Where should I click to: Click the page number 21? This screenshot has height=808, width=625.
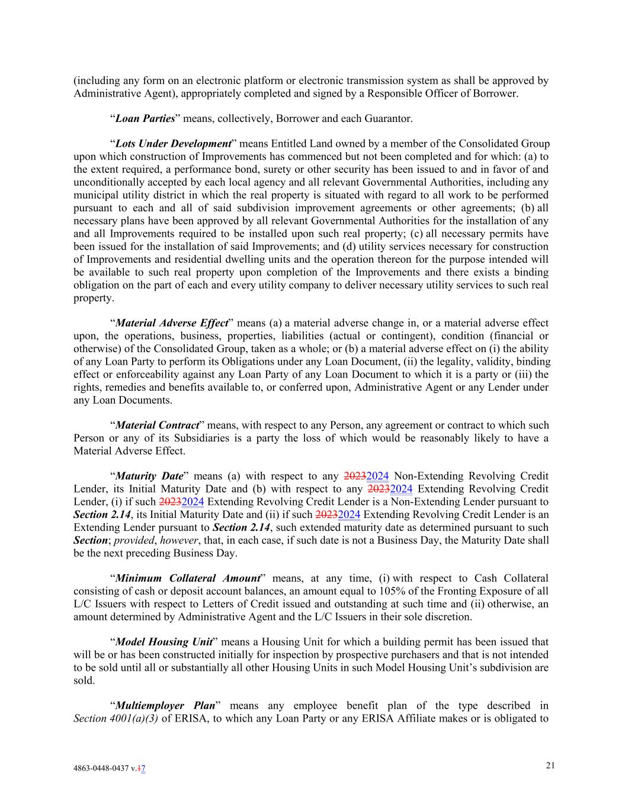(x=550, y=765)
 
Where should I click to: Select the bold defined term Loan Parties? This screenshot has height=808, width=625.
(x=145, y=118)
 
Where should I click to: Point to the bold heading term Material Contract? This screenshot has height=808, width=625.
(x=157, y=425)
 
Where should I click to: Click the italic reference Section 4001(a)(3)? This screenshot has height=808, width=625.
(x=116, y=719)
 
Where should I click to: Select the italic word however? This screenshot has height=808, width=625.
(x=178, y=540)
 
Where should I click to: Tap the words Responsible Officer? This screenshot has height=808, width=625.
(x=406, y=94)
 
